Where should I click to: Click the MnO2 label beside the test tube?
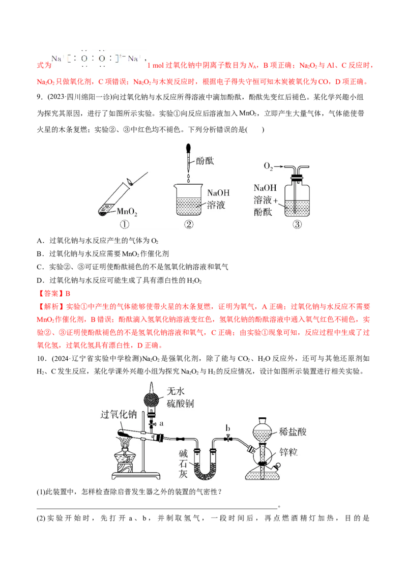coord(127,210)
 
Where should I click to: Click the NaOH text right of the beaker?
coord(219,193)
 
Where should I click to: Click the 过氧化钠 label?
coord(120,415)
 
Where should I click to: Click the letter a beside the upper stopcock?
coord(161,423)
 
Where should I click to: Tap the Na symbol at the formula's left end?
coord(56,59)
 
